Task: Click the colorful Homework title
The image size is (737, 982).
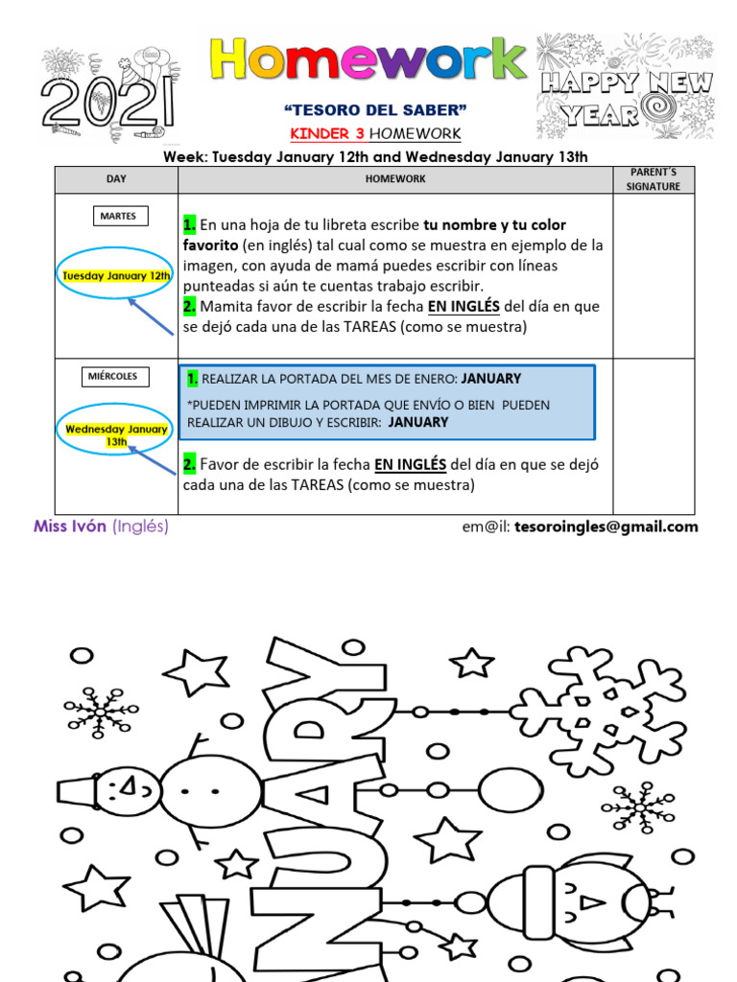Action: (368, 60)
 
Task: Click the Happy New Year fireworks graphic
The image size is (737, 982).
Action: (625, 86)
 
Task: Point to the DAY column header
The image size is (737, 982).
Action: (116, 179)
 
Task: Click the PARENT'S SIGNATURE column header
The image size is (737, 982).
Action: (653, 179)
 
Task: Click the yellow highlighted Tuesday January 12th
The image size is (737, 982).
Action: (116, 276)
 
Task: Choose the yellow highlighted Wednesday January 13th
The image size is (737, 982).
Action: (116, 435)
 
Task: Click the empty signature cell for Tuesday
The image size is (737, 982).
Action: (653, 276)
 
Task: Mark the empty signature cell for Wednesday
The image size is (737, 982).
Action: (653, 436)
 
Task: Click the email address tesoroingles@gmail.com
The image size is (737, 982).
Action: (606, 526)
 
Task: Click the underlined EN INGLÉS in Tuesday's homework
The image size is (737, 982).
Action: (464, 307)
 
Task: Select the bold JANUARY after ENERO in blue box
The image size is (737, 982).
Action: (491, 379)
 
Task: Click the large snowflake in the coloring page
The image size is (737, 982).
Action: (596, 711)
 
